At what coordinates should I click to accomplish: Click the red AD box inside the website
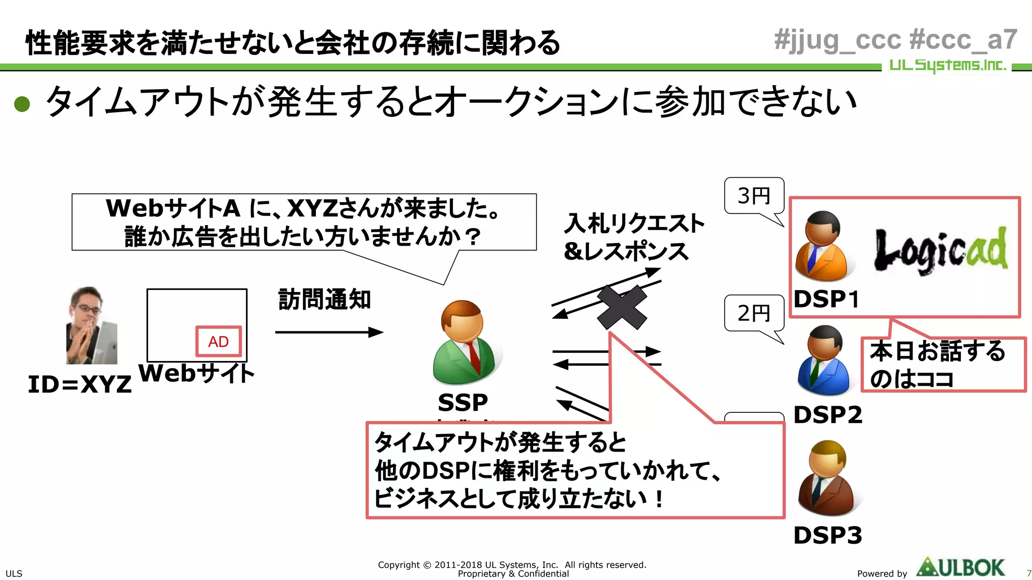(x=218, y=341)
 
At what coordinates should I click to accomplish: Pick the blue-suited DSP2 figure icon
(x=824, y=360)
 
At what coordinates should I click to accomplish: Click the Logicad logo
(x=940, y=250)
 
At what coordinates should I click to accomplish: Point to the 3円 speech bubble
(x=754, y=196)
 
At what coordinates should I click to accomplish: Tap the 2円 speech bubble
(x=754, y=313)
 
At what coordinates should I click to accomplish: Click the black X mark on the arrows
(x=622, y=307)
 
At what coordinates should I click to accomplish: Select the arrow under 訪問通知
(x=329, y=332)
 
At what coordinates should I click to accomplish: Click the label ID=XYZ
(x=80, y=385)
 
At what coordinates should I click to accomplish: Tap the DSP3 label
(x=827, y=535)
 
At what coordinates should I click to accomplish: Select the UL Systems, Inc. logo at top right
(x=947, y=65)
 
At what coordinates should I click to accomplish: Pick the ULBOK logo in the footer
(x=960, y=568)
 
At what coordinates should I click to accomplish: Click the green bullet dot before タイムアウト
(x=22, y=104)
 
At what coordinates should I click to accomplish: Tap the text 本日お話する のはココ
(x=937, y=365)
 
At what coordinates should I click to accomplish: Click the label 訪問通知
(x=325, y=300)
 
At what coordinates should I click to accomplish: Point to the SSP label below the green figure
(x=463, y=402)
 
